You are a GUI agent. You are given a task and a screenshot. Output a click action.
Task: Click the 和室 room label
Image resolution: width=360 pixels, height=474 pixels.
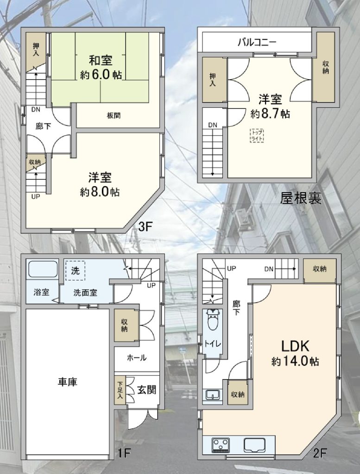(101, 61)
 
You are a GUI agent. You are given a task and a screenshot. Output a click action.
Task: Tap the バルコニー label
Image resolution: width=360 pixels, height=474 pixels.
(257, 42)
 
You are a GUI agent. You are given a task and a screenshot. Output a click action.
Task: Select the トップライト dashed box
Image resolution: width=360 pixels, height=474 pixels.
(257, 136)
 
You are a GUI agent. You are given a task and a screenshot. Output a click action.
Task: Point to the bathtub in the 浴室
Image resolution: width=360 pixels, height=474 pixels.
(43, 269)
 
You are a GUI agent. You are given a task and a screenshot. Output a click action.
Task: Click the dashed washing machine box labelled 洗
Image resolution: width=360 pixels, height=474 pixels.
(76, 270)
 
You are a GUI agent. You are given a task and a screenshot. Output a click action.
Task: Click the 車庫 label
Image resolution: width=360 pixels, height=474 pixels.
(68, 382)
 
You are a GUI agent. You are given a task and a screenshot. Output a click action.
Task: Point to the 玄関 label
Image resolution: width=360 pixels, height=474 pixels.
(147, 390)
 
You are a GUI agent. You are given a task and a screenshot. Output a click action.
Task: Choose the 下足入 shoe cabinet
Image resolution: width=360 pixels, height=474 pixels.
(120, 390)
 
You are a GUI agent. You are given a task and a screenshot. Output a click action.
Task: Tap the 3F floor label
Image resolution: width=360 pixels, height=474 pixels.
(144, 226)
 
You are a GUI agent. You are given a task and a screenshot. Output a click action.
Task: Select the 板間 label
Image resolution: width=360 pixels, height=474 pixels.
(114, 115)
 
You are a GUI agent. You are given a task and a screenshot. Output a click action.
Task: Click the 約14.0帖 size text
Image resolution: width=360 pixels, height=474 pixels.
(295, 362)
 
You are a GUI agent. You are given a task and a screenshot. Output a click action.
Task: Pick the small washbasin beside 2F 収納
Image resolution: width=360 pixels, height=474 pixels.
(214, 394)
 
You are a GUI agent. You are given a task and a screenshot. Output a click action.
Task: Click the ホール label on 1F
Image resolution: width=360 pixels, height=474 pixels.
(137, 358)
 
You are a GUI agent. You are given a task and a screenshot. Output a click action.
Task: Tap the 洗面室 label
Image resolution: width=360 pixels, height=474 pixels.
(85, 293)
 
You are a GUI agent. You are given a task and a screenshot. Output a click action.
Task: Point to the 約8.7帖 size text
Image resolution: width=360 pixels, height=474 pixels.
(270, 114)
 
